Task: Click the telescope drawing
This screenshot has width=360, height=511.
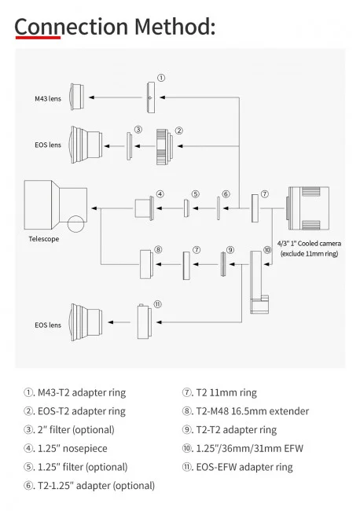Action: pyautogui.click(x=55, y=205)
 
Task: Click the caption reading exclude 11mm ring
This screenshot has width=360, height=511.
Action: pyautogui.click(x=309, y=255)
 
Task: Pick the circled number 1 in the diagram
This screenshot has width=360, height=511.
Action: pyautogui.click(x=161, y=78)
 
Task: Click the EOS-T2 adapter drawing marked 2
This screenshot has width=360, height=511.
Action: pyautogui.click(x=164, y=145)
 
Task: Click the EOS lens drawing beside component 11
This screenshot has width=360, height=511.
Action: pyautogui.click(x=85, y=322)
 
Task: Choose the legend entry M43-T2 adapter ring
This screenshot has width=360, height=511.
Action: pyautogui.click(x=74, y=392)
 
